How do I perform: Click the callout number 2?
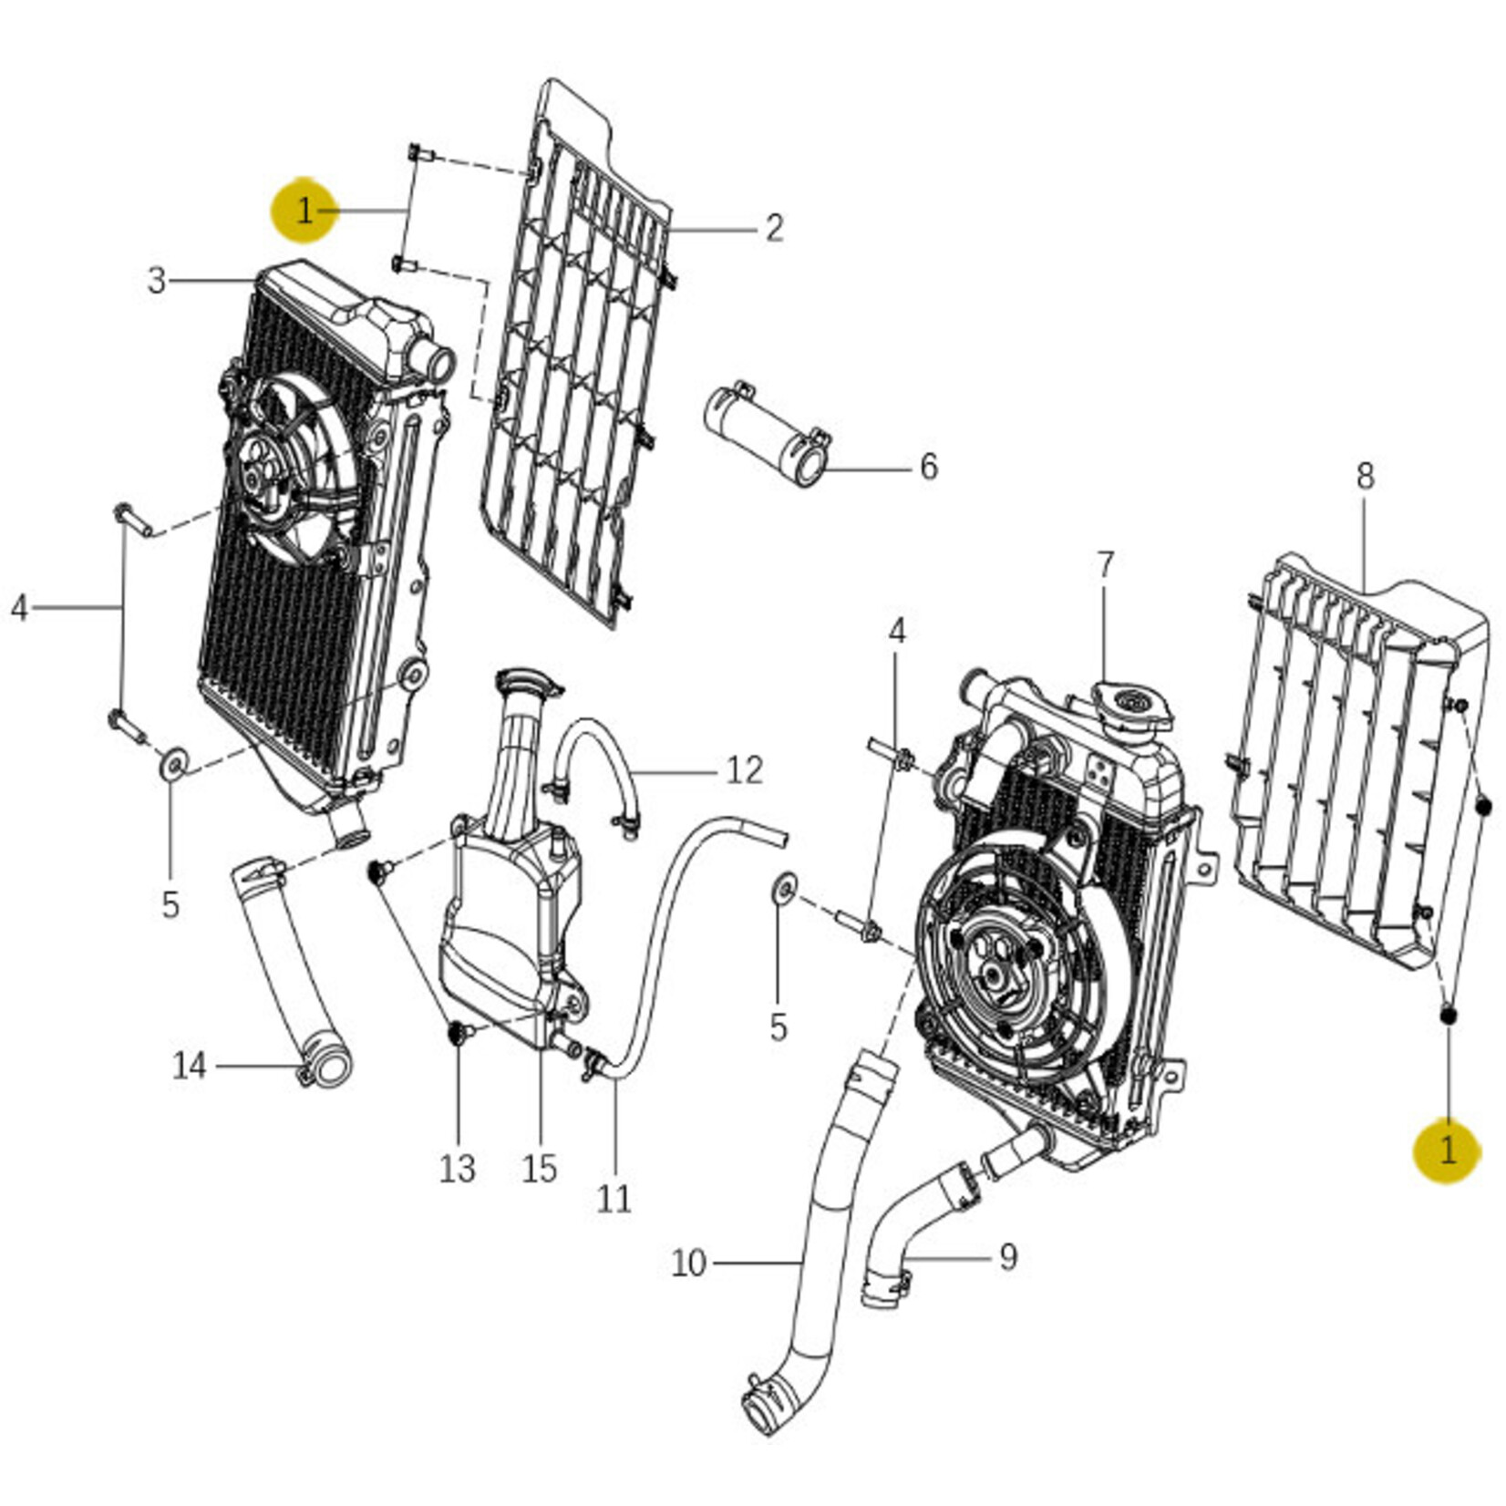773,227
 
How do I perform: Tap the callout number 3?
157,280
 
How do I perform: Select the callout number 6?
928,467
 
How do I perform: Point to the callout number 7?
1105,565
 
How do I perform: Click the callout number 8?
1365,476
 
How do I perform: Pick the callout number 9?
1007,1257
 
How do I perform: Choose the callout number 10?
688,1264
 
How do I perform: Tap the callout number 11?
614,1198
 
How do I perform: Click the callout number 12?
744,771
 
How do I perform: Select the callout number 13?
457,1168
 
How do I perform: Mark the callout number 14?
190,1065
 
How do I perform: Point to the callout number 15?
539,1168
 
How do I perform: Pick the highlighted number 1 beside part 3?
304,211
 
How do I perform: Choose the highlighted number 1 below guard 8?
1448,1150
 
